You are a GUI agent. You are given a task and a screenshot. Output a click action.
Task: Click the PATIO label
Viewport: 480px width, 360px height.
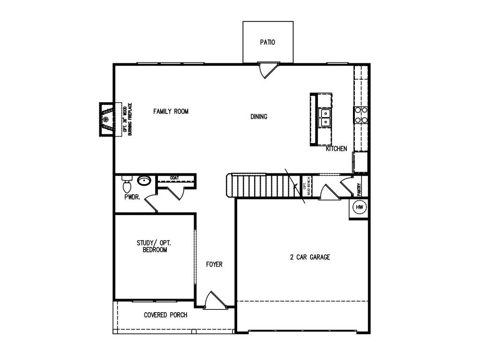(x=268, y=42)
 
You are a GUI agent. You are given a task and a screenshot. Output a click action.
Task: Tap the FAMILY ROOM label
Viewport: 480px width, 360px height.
(x=171, y=112)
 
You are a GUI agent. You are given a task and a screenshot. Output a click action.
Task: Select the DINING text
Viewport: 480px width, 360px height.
(x=259, y=117)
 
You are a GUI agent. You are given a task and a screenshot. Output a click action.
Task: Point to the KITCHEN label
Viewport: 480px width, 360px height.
(x=337, y=149)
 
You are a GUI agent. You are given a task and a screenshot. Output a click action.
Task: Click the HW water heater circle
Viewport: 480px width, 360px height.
(x=360, y=207)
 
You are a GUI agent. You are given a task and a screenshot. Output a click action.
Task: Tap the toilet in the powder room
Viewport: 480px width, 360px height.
(x=127, y=184)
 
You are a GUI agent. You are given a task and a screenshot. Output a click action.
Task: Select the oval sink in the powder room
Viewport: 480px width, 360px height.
(x=143, y=180)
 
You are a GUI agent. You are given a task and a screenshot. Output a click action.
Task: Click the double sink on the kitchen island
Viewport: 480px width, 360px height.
(x=325, y=118)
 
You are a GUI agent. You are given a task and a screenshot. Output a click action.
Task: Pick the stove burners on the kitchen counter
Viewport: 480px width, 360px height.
(x=360, y=115)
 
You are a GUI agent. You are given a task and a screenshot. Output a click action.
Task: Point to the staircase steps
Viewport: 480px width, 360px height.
(x=262, y=186)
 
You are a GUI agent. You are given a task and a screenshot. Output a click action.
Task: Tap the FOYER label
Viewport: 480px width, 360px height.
(x=214, y=264)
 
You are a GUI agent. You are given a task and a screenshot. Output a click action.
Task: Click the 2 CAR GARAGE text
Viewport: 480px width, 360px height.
(x=310, y=257)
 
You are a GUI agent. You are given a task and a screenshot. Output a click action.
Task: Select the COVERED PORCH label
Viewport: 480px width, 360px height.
(x=165, y=315)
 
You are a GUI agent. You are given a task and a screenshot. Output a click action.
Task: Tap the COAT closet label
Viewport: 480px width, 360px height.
(x=174, y=178)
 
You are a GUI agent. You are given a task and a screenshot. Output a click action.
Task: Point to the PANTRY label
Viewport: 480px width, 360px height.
(x=359, y=189)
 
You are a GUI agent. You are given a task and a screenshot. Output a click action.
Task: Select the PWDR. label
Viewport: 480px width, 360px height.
(x=132, y=197)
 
